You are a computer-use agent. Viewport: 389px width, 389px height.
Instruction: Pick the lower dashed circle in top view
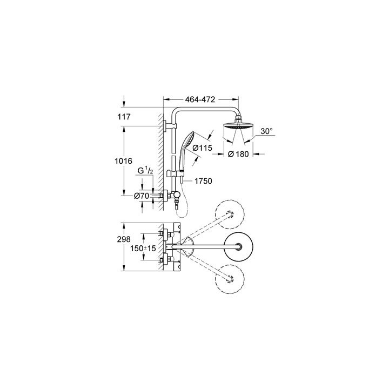click(x=231, y=281)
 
